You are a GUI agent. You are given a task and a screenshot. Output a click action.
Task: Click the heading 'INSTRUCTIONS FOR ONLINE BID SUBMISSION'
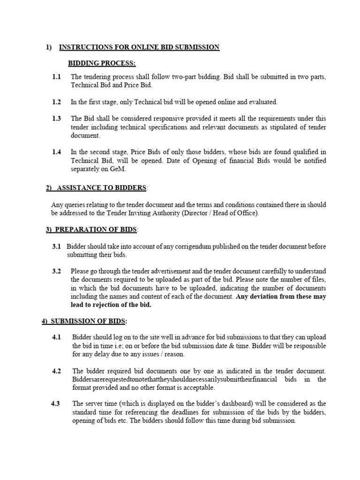point(139,47)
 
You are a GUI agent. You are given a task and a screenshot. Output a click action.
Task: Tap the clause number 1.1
point(57,77)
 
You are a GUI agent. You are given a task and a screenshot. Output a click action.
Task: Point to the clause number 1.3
point(57,119)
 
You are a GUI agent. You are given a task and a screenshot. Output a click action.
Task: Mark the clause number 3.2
point(57,271)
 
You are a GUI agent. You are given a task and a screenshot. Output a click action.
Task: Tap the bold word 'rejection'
point(104,305)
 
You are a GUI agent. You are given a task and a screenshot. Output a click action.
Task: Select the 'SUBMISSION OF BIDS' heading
point(89,321)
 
